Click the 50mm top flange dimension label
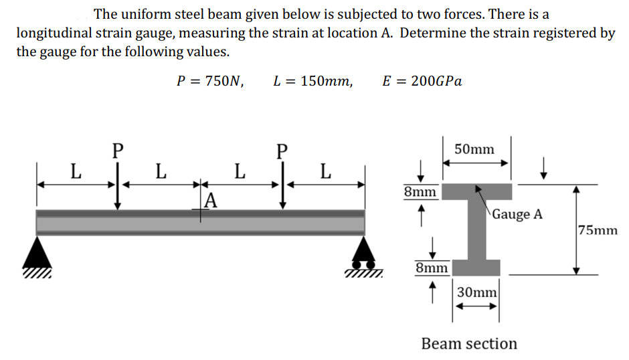[x=474, y=149]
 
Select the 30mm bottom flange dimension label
[x=477, y=292]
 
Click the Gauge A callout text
[x=519, y=214]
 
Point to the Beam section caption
[x=469, y=343]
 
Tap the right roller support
[x=363, y=255]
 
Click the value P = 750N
[x=209, y=82]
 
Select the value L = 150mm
[x=312, y=82]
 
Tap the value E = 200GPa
[x=422, y=82]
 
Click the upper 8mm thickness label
[x=420, y=193]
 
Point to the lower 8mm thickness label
[x=432, y=268]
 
